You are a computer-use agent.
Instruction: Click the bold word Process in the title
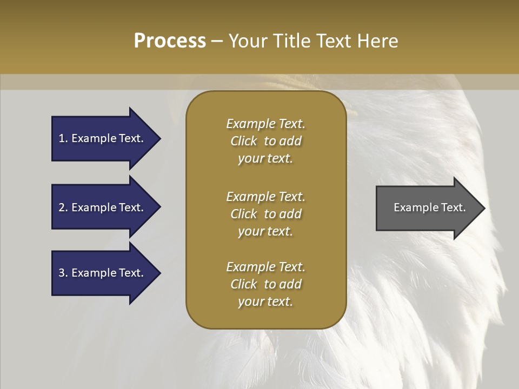(170, 41)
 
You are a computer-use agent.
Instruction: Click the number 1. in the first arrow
(63, 138)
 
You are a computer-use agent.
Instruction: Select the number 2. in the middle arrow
(63, 207)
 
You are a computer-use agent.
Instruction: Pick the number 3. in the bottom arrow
(63, 273)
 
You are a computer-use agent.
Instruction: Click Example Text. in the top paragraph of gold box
(265, 124)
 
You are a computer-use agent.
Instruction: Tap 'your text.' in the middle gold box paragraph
(265, 231)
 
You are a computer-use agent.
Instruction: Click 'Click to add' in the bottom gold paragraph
(265, 284)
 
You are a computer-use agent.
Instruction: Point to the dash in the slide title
(217, 41)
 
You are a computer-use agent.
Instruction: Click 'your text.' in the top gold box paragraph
(265, 159)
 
